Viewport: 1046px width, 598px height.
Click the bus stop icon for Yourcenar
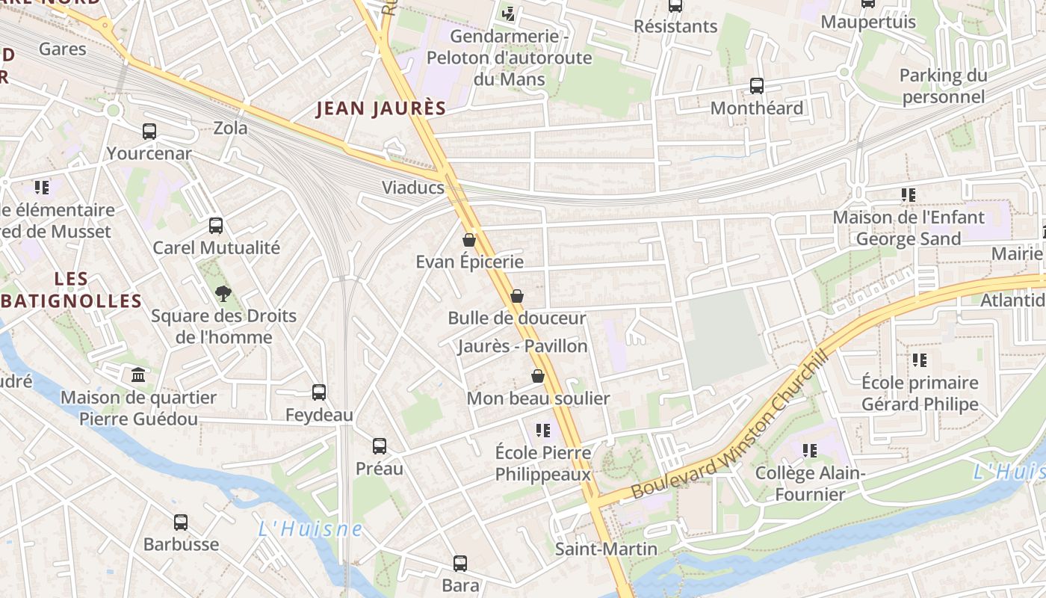click(x=149, y=132)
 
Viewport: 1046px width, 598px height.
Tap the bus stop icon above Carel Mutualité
click(x=216, y=226)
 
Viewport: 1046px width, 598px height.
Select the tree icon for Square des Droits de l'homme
click(x=223, y=294)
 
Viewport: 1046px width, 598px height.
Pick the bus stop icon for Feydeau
click(x=319, y=392)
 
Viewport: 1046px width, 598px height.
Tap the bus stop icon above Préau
click(x=380, y=447)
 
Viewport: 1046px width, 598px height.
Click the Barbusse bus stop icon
click(x=181, y=523)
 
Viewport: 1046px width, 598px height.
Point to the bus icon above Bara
click(x=460, y=564)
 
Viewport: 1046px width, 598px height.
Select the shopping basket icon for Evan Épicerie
click(x=469, y=240)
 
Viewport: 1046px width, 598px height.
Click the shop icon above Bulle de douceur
click(x=516, y=296)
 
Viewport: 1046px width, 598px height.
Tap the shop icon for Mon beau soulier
click(x=537, y=376)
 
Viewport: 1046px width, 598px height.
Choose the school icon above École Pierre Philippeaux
click(x=543, y=431)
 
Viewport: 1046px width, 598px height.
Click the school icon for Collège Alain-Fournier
click(x=810, y=451)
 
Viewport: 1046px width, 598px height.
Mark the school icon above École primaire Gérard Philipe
click(x=920, y=360)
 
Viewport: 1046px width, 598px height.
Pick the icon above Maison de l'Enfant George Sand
click(x=909, y=195)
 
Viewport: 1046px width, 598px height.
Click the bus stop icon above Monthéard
click(x=757, y=86)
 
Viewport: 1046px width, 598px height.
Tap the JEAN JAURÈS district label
click(x=381, y=108)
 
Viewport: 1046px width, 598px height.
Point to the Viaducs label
click(x=413, y=188)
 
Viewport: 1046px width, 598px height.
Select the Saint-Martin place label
click(x=606, y=549)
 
